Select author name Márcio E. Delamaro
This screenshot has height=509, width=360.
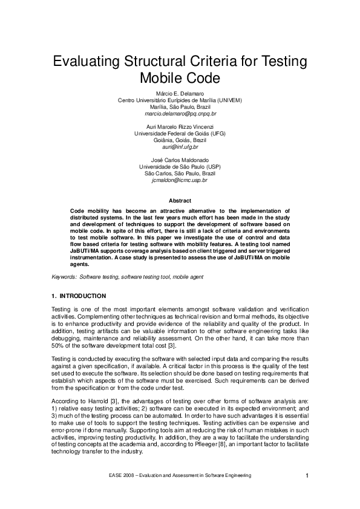click(180, 93)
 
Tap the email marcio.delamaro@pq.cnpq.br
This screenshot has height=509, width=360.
click(180, 113)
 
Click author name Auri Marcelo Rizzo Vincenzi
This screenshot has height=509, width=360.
click(180, 127)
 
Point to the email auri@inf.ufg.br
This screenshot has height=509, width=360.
click(180, 147)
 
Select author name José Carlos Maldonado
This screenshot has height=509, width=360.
click(180, 160)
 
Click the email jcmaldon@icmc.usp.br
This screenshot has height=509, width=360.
click(180, 180)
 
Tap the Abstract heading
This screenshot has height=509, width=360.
click(180, 201)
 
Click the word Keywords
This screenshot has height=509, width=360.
click(64, 276)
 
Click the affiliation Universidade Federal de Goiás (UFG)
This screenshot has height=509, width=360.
click(180, 134)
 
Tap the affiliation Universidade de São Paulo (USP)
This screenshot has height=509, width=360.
click(180, 167)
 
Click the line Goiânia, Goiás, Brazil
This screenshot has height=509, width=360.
click(180, 140)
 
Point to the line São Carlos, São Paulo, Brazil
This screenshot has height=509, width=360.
click(180, 173)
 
